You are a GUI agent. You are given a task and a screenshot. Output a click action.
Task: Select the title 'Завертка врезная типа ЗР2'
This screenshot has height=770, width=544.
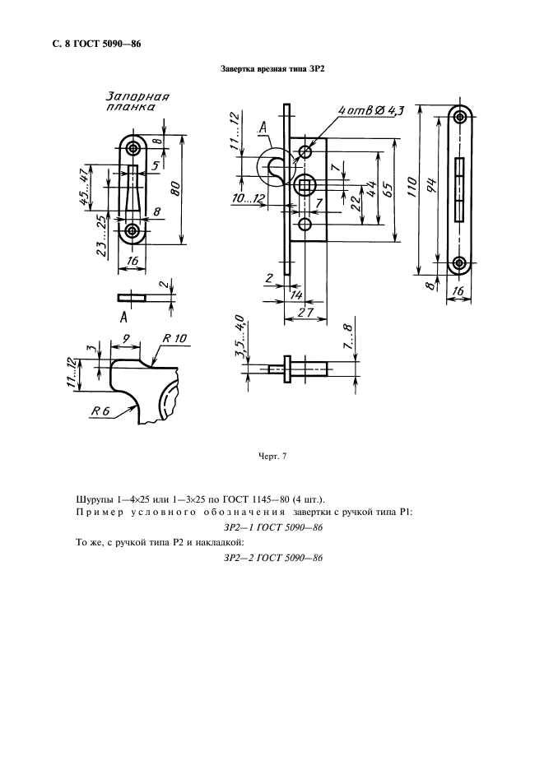(272, 69)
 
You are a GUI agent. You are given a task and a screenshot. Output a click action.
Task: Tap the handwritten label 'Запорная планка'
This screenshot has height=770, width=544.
(137, 101)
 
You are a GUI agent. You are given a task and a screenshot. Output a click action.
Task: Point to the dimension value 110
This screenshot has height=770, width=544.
(412, 188)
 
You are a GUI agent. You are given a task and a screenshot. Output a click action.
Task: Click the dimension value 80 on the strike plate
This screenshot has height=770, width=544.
(175, 189)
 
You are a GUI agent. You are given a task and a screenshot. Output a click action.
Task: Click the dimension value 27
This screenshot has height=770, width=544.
(306, 313)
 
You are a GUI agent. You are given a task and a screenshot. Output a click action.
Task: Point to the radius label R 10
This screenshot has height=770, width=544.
(174, 338)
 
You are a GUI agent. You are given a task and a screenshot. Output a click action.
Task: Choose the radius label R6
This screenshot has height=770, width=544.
(100, 411)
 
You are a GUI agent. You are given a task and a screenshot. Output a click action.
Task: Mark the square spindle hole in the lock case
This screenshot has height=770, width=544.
(305, 186)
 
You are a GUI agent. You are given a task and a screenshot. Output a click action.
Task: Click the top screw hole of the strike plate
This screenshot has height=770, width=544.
(133, 148)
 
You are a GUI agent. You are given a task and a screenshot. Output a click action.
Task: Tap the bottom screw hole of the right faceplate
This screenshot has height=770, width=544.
(460, 262)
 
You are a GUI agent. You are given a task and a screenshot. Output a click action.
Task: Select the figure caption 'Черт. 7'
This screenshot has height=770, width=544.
(272, 457)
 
